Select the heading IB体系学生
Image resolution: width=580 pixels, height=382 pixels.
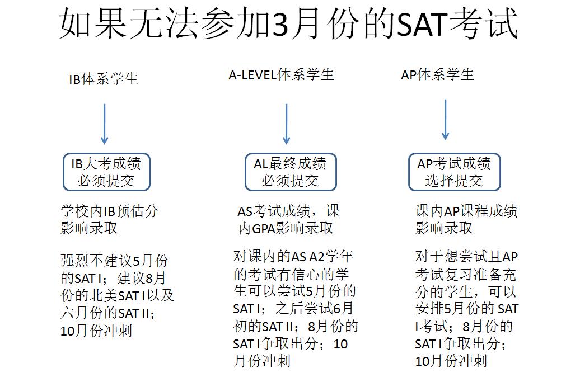[x=103, y=78]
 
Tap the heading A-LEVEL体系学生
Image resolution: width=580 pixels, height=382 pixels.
[x=281, y=75]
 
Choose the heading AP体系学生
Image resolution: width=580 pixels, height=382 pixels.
[x=437, y=74]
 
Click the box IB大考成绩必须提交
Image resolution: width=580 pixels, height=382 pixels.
[x=106, y=172]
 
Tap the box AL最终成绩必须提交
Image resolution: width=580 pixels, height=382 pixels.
[x=290, y=172]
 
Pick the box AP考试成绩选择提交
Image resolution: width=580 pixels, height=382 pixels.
[x=454, y=172]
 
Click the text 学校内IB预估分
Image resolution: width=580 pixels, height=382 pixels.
[x=110, y=212]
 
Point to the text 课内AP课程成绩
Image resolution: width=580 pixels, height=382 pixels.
[x=466, y=211]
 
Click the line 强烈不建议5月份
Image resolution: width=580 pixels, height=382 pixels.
[x=114, y=261]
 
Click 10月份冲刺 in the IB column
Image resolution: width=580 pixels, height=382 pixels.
[x=96, y=330]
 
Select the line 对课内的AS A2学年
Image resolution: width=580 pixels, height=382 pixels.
[x=293, y=257]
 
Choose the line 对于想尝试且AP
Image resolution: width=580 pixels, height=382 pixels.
[x=467, y=257]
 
